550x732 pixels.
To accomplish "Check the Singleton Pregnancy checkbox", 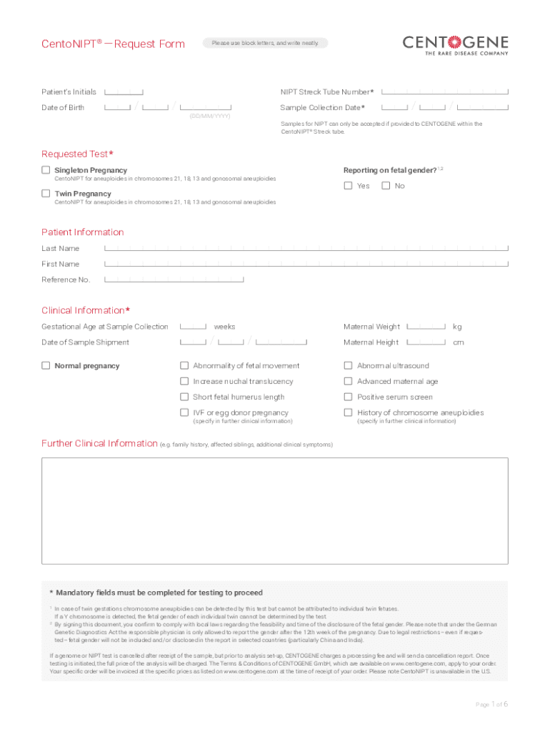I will click(x=46, y=170).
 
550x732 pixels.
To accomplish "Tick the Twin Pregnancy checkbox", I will click(x=46, y=194).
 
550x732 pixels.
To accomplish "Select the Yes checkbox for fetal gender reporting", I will click(x=348, y=186).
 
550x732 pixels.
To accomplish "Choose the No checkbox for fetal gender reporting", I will click(x=386, y=186).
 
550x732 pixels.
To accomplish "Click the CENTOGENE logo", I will click(x=456, y=44).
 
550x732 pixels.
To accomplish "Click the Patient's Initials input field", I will click(x=124, y=92).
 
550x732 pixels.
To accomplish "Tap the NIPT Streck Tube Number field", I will click(x=445, y=92).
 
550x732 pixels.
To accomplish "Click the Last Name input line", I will click(x=306, y=249).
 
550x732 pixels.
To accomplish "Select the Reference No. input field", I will click(x=174, y=280).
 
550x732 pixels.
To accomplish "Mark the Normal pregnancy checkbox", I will click(x=46, y=366).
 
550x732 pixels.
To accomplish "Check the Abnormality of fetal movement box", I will click(x=184, y=366).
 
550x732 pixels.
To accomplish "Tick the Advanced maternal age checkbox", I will click(x=349, y=382).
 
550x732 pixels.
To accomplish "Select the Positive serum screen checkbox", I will click(x=349, y=397).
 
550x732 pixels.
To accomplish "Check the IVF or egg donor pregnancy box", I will click(x=184, y=412).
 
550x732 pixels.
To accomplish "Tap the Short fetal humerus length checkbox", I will click(x=184, y=397).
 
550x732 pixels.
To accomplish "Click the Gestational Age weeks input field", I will click(x=194, y=327).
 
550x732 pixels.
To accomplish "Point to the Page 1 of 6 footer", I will click(x=491, y=705).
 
